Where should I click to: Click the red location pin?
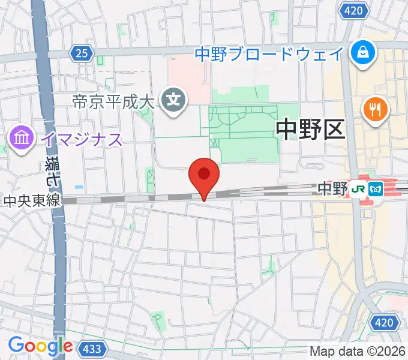pos(204,176)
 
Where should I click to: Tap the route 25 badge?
pos(82,54)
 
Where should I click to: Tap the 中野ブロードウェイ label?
pos(269,54)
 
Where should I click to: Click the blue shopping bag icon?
pos(362,52)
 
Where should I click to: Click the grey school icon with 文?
pos(175,98)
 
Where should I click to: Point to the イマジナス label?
pos(82,140)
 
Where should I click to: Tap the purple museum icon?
pos(22,140)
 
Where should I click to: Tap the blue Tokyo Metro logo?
pos(376,188)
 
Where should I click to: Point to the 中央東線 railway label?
pos(31,200)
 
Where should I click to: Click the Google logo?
pos(40,346)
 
